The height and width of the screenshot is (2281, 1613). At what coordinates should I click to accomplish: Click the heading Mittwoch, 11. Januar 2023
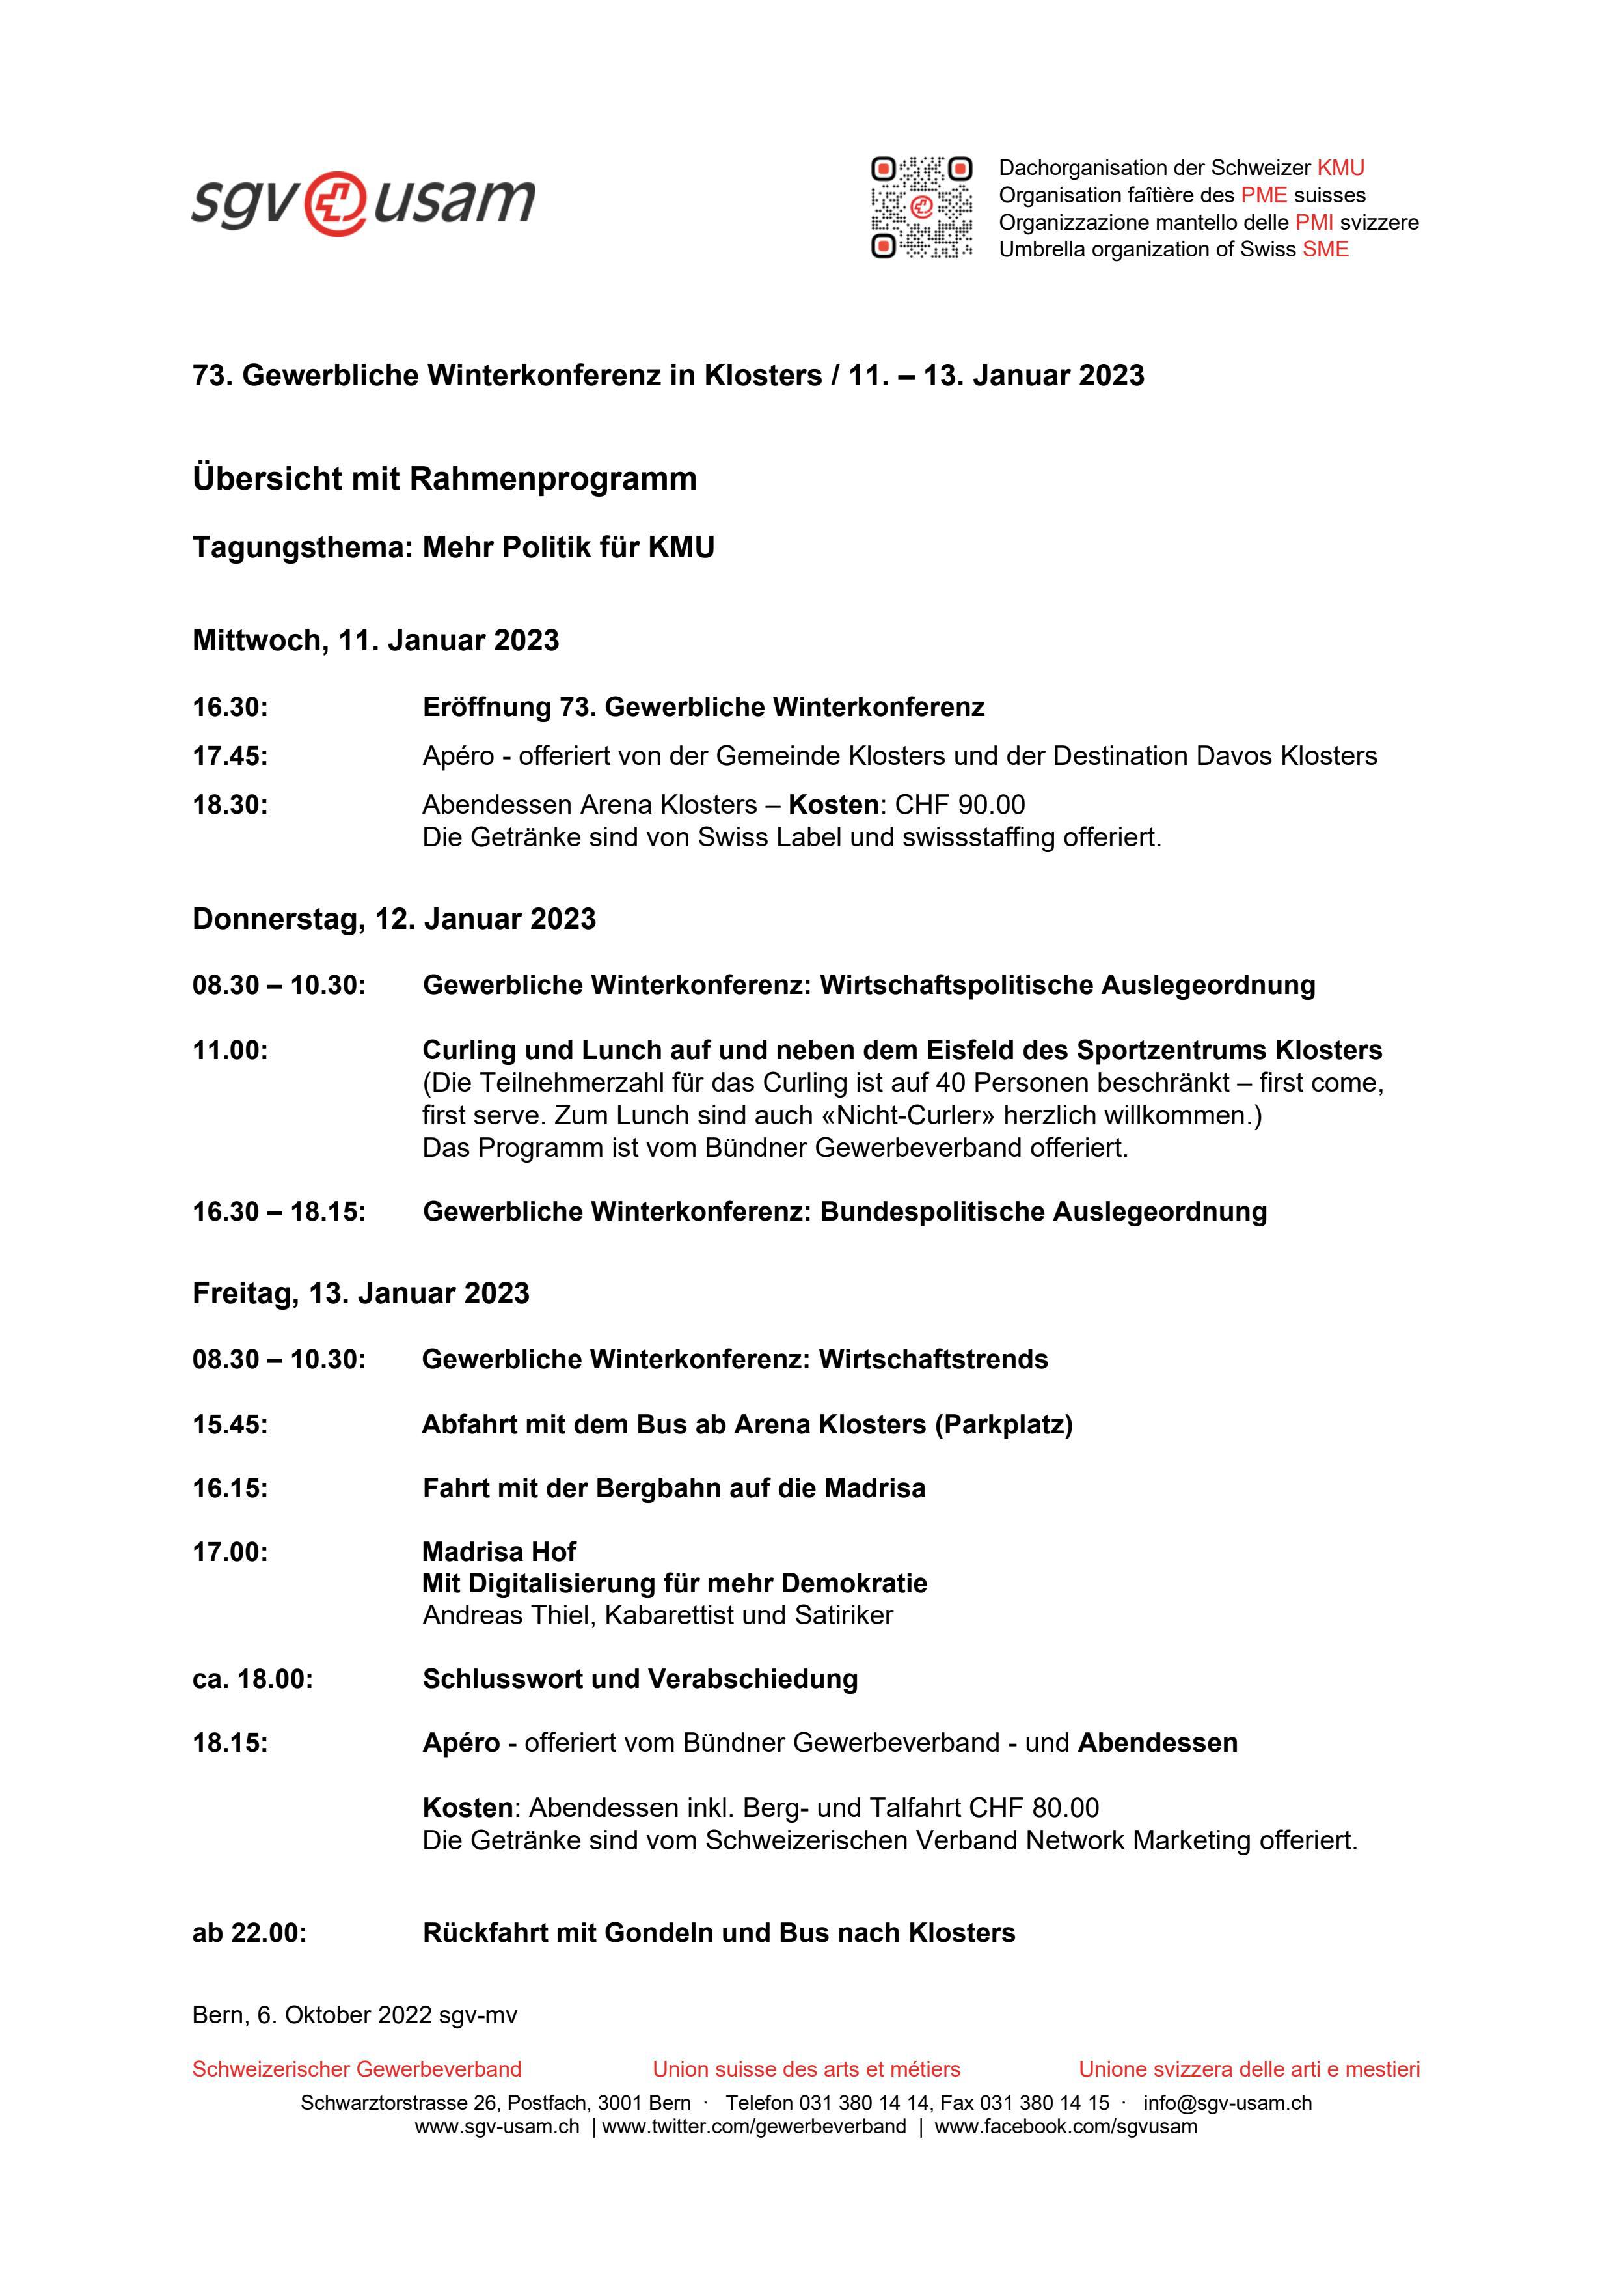[375, 641]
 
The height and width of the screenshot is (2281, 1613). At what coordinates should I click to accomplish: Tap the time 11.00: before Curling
[230, 1050]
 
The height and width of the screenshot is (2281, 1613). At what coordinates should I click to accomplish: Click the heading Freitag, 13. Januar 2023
[360, 1293]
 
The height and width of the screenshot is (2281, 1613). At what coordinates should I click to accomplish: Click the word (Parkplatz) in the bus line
[1003, 1424]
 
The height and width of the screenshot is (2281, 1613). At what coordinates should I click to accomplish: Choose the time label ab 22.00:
[249, 1933]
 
